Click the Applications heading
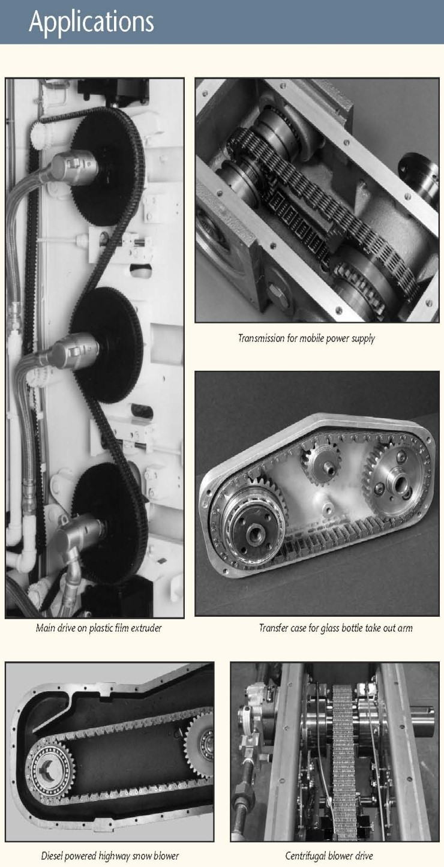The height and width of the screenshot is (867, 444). click(x=91, y=22)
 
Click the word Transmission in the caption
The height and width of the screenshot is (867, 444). click(x=261, y=338)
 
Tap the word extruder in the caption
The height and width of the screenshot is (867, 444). click(x=146, y=628)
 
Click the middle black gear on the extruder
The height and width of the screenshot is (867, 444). click(x=106, y=346)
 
